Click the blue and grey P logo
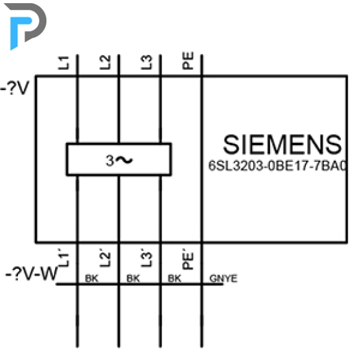pos(25,25)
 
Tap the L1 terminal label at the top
pos(63,63)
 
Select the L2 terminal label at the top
pos(105,62)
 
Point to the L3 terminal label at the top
pos(146,62)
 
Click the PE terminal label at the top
pos(188,61)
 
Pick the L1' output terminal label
pos(63,258)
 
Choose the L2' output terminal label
pos(105,258)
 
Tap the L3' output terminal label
pos(146,258)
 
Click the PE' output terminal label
pos(188,259)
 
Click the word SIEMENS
pos(282,145)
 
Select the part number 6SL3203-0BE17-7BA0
pos(277,166)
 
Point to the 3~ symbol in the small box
pos(119,160)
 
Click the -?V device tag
pos(15,88)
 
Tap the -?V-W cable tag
pos(32,273)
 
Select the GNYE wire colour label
pos(223,279)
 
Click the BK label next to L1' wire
pos(92,279)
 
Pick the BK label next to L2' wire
pos(133,279)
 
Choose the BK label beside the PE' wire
pos(174,279)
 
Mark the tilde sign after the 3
pos(124,160)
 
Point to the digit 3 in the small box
pos(109,160)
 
